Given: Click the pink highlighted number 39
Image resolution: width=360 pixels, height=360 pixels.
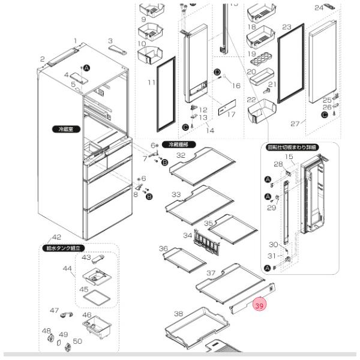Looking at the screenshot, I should (x=259, y=305).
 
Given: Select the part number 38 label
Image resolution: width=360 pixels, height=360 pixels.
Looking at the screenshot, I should (x=178, y=314).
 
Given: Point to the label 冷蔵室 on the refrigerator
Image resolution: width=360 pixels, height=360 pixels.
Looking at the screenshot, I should (x=62, y=129).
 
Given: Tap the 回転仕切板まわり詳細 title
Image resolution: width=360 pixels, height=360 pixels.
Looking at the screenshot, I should (x=300, y=147).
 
